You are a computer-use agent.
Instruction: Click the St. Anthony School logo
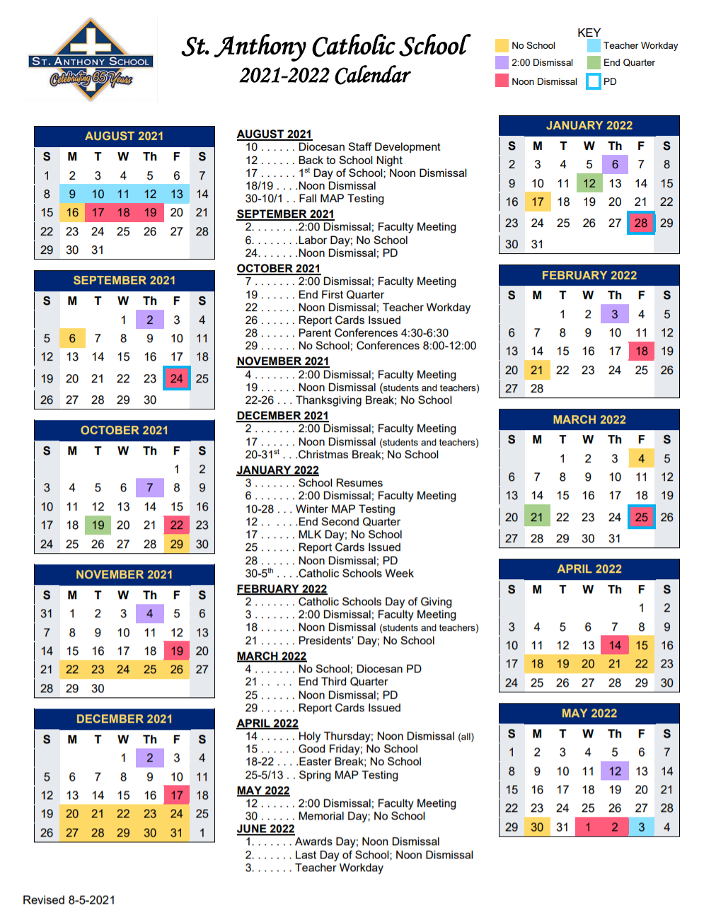(91, 60)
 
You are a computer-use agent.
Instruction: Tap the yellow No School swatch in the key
(502, 46)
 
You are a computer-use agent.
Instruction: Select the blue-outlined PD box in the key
(594, 81)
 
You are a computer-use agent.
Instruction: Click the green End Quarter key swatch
(594, 63)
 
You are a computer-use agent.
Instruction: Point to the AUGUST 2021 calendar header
(124, 136)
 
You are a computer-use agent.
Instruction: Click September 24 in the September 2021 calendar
(176, 378)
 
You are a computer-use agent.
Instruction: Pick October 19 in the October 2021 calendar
(98, 525)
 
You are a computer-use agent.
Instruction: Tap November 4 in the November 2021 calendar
(149, 614)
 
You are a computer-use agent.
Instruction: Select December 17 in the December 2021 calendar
(176, 796)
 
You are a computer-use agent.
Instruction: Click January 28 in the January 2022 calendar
(641, 223)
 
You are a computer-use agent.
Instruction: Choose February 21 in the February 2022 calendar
(537, 370)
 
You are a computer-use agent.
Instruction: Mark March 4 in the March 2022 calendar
(641, 458)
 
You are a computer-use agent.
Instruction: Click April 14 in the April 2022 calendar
(614, 645)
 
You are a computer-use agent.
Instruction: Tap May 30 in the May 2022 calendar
(537, 827)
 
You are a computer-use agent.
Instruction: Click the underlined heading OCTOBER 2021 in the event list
(278, 269)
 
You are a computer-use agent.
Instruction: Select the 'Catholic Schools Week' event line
(355, 573)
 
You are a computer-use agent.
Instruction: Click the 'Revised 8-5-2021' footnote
(69, 899)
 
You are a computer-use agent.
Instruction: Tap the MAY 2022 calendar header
(589, 713)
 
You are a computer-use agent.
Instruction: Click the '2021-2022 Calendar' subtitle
(325, 75)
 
